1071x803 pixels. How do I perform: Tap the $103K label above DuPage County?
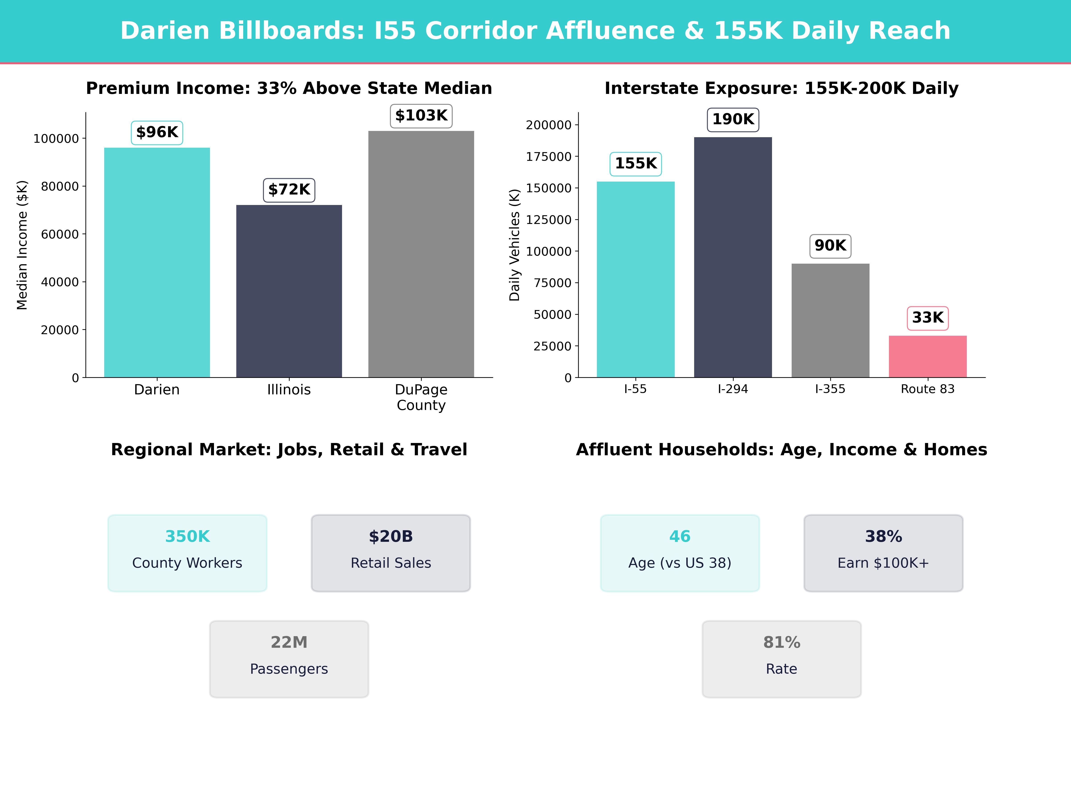click(421, 116)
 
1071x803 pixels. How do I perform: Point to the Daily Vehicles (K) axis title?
click(514, 245)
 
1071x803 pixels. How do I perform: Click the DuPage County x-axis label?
click(421, 397)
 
